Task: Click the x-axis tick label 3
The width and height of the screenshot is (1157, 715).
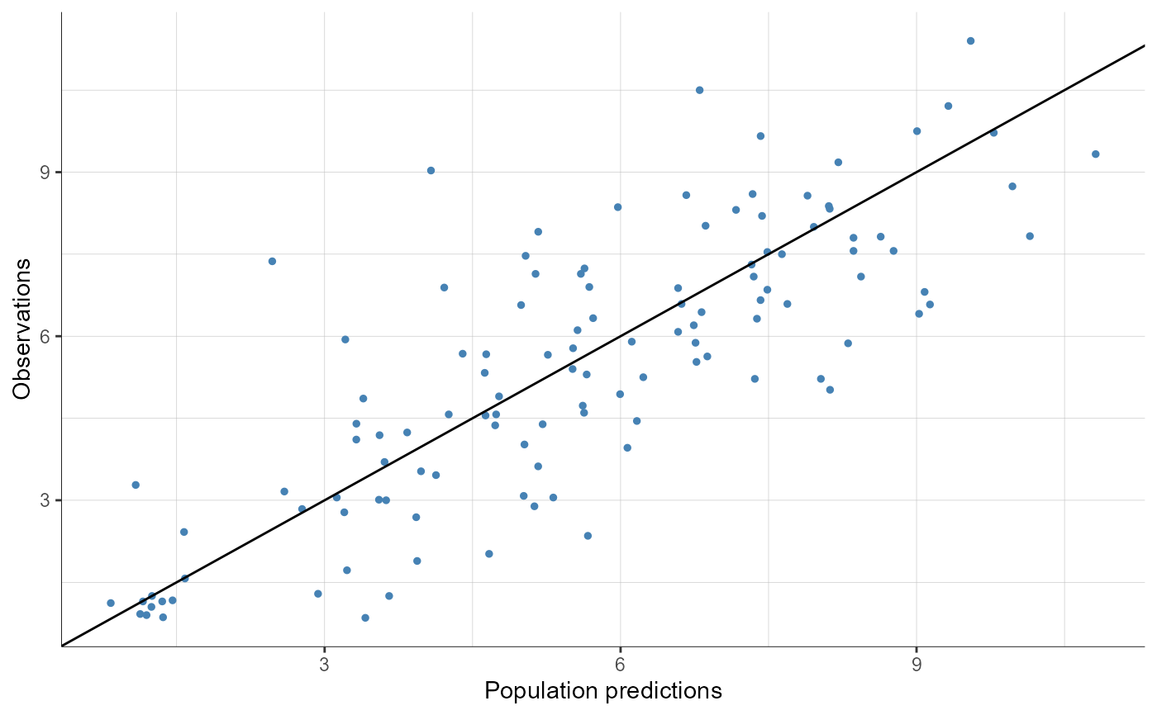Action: click(x=324, y=666)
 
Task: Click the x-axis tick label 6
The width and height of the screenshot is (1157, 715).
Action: click(x=620, y=666)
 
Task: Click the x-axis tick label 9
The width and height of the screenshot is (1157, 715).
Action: click(x=916, y=666)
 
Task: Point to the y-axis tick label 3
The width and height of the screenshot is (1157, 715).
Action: click(x=46, y=500)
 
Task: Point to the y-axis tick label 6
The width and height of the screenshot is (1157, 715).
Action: click(x=46, y=336)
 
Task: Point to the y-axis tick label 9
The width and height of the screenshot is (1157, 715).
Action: click(x=46, y=173)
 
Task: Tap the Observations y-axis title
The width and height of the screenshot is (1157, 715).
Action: click(x=22, y=329)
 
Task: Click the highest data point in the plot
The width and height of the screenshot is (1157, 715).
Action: click(x=970, y=40)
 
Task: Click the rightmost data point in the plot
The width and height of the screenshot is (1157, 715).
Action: click(x=1095, y=154)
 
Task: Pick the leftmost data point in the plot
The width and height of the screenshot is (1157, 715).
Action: click(x=111, y=603)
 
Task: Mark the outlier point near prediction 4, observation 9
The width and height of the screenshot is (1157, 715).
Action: click(x=431, y=170)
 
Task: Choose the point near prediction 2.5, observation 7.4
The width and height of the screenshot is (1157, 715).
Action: click(x=272, y=261)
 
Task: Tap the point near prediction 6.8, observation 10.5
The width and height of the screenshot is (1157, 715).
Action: click(x=699, y=90)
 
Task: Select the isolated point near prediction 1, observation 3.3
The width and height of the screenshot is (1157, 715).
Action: click(x=136, y=485)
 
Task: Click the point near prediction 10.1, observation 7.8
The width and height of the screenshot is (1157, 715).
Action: click(x=1030, y=236)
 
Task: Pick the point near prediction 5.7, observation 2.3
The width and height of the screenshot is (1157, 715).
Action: click(x=588, y=536)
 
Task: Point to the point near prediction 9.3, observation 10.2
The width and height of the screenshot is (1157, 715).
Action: click(x=948, y=106)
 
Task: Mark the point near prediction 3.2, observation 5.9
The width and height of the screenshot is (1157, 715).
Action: click(x=345, y=339)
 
